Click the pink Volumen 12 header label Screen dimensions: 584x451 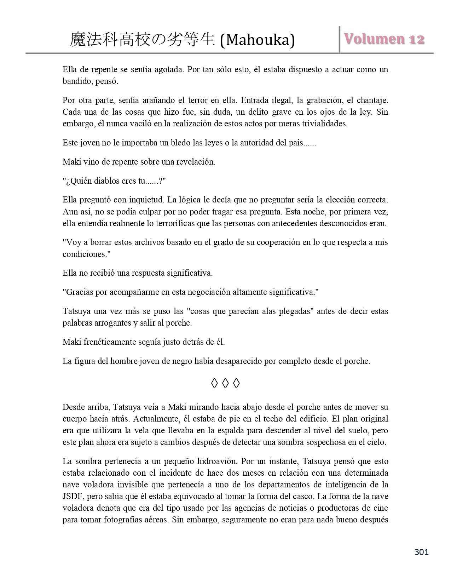click(384, 39)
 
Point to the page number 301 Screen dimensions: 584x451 click(421, 552)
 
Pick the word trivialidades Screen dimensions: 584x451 click(319, 124)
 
